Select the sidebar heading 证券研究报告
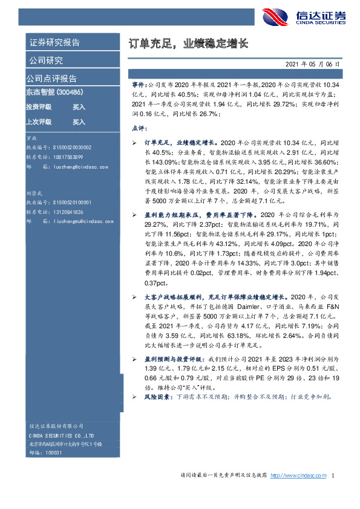(54, 42)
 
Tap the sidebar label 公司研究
(45, 60)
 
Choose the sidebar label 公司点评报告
(51, 78)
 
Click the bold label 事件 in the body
(139, 86)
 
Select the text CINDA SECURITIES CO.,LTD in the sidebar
(61, 436)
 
